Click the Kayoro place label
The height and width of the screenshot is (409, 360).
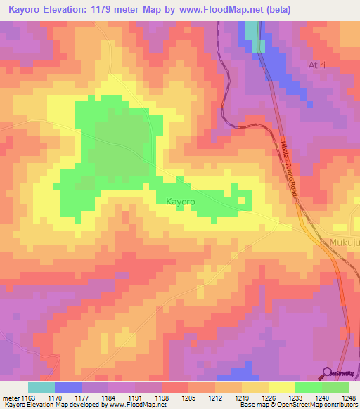[180, 202]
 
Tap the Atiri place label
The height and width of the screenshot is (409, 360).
[318, 65]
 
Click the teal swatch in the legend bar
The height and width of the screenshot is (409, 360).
[41, 387]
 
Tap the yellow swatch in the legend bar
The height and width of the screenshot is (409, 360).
[281, 387]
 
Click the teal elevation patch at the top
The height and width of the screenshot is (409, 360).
[251, 32]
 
